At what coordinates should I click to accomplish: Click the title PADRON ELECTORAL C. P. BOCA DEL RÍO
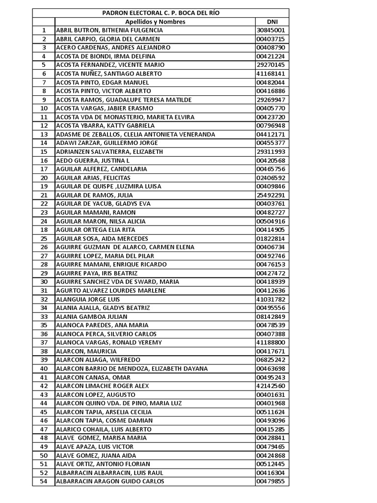coord(161,13)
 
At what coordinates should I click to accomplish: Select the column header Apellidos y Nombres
coord(155,22)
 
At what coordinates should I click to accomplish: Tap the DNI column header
coord(272,22)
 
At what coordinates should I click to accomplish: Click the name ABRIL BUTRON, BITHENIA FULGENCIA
coord(109,30)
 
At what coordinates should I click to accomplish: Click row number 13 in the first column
coord(44,134)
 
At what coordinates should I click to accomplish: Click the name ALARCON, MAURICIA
coord(86,351)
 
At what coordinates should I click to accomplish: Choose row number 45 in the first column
coord(44,412)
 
